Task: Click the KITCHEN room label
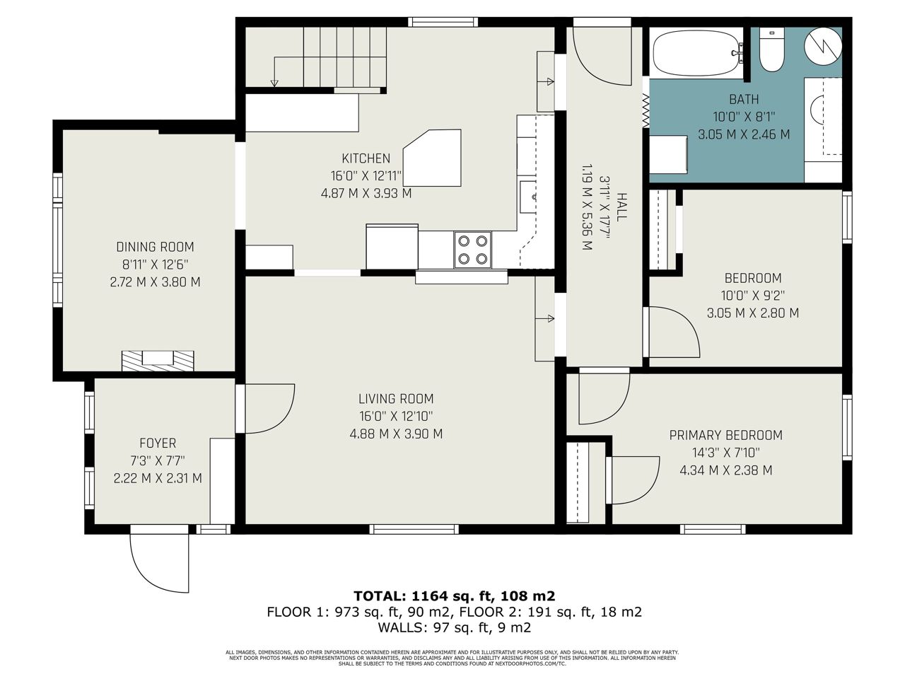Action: [366, 158]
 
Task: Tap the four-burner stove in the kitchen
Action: [472, 250]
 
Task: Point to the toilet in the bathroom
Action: [771, 50]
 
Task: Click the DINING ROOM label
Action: [155, 247]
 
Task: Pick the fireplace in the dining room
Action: [158, 361]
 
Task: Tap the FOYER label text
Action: [158, 443]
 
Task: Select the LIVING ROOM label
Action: [396, 399]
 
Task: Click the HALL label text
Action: [621, 207]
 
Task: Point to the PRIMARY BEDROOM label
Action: [725, 435]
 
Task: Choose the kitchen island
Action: [432, 158]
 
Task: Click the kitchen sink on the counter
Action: [528, 197]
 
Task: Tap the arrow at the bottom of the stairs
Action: [274, 83]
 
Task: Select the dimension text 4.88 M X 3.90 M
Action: [396, 434]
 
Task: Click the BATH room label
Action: [744, 99]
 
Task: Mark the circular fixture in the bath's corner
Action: [823, 46]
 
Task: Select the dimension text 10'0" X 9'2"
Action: [753, 296]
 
